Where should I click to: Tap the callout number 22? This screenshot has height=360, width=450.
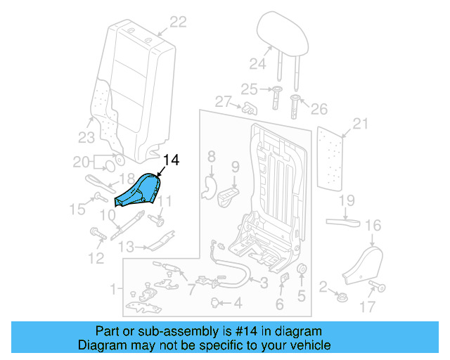(178, 22)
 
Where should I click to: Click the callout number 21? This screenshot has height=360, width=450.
(360, 124)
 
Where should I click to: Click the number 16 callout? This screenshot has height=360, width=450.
(373, 226)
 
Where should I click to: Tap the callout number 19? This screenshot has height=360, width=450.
(347, 202)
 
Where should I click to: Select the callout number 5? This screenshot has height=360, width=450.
(302, 296)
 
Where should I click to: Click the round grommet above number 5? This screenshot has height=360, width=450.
(301, 271)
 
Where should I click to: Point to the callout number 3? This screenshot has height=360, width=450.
(263, 283)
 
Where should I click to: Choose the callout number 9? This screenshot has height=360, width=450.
(236, 167)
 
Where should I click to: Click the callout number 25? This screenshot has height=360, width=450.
(250, 89)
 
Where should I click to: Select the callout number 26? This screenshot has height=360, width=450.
(319, 109)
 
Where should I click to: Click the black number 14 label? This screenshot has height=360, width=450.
(171, 160)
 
